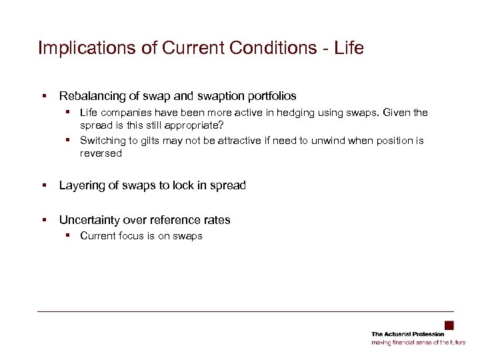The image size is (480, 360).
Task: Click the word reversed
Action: click(x=101, y=153)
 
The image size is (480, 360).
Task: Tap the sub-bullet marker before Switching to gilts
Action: click(x=69, y=141)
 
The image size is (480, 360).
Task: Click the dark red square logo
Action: click(x=449, y=325)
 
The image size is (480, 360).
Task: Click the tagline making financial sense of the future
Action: click(x=418, y=343)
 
